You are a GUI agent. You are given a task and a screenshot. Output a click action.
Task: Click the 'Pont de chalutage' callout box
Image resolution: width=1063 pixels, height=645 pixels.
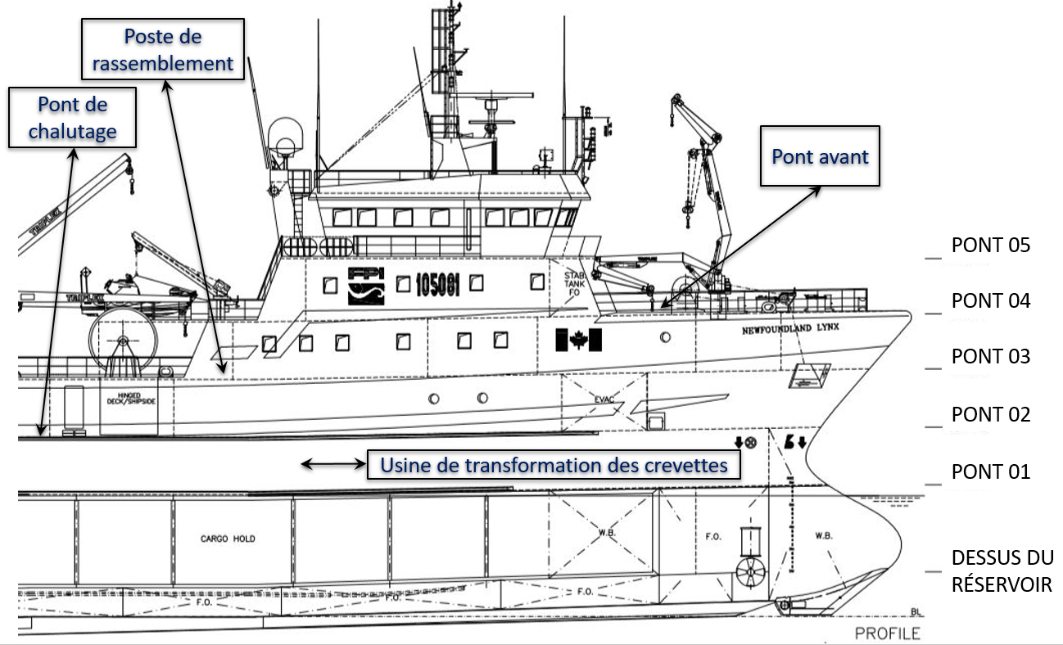[73, 118]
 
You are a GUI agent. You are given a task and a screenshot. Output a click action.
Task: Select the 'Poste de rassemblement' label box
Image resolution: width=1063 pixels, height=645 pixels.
[163, 50]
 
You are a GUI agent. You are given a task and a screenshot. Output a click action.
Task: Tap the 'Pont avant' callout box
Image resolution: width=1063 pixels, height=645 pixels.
[820, 156]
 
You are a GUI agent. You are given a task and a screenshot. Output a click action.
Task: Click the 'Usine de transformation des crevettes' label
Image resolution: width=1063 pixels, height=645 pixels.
[554, 465]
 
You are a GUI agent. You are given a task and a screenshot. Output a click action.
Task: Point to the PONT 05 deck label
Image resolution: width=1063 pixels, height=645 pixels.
[990, 245]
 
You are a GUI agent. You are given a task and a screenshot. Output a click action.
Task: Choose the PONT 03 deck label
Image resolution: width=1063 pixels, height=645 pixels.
[990, 357]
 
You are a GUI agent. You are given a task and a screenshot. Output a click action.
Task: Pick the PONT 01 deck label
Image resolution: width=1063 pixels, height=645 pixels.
[990, 472]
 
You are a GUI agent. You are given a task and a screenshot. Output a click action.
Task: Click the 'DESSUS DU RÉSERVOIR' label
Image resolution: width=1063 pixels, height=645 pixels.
[1001, 571]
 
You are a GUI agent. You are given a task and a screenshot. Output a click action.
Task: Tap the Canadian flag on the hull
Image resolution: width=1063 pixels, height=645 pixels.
[578, 339]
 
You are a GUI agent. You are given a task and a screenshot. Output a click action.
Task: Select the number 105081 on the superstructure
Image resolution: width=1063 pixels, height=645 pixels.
[437, 284]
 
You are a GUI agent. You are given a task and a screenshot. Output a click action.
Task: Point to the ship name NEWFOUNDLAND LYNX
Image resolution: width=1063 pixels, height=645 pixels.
[790, 329]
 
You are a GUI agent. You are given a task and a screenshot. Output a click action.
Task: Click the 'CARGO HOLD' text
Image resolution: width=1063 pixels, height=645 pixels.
[228, 539]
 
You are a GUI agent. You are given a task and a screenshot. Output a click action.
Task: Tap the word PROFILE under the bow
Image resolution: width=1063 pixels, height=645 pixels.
[887, 633]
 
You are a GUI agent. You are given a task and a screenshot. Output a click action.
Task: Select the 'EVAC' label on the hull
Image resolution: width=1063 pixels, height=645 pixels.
[604, 399]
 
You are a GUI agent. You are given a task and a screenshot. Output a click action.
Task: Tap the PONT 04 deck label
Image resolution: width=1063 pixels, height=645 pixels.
[990, 301]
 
